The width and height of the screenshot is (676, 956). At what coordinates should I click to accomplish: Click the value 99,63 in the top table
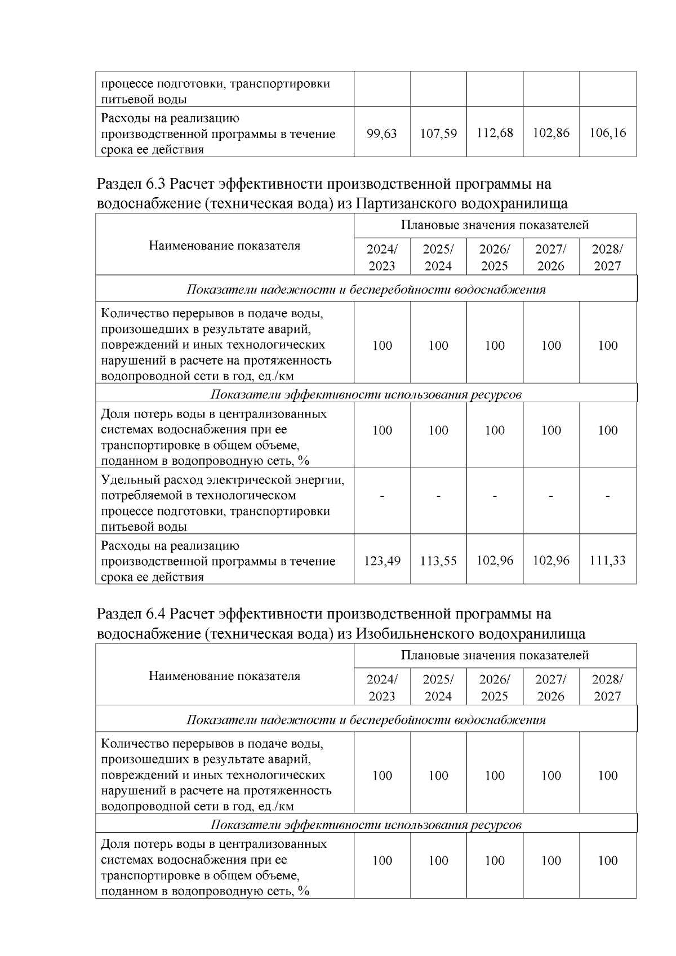(381, 134)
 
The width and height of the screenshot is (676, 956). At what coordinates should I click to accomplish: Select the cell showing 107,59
(438, 134)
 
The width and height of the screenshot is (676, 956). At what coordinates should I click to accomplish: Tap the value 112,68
(495, 133)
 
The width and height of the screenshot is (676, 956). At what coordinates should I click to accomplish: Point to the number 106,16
(607, 133)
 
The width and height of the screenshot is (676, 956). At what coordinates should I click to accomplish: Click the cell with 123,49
(382, 561)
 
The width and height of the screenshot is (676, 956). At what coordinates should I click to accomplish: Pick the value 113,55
(438, 561)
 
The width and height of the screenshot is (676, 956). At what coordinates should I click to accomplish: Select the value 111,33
(607, 561)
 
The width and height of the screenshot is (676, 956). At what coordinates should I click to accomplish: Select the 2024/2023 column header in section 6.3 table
(382, 257)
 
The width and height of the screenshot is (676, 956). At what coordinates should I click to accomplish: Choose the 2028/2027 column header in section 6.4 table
(607, 687)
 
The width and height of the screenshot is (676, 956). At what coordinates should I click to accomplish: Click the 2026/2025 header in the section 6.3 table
(495, 257)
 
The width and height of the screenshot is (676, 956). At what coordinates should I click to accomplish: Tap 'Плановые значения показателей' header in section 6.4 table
(495, 655)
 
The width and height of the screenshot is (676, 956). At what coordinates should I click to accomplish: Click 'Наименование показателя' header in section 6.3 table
(224, 246)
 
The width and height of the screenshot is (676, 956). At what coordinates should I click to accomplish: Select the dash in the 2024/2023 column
(382, 496)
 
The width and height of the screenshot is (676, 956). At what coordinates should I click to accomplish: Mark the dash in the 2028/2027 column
(607, 496)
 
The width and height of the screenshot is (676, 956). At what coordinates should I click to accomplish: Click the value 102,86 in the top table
(551, 133)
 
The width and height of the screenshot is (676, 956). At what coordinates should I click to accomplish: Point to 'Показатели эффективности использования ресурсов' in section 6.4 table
(366, 825)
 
